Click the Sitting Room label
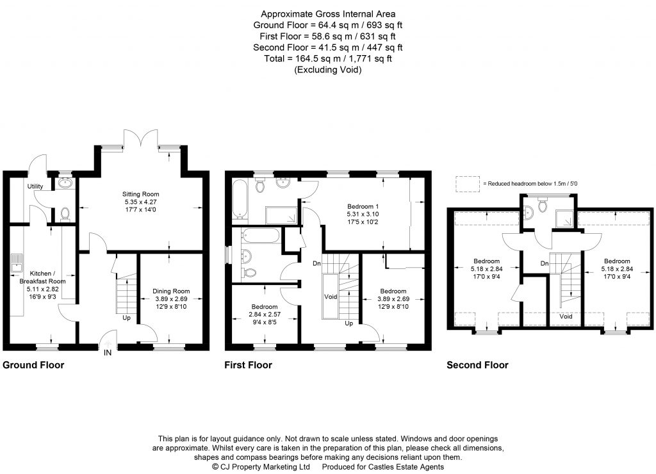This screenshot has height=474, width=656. [141, 194]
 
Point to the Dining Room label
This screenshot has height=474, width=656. [171, 292]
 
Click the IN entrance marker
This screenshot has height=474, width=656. [108, 352]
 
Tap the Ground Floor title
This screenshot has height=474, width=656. [33, 366]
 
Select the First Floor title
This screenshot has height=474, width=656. [248, 366]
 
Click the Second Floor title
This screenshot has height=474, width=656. [477, 366]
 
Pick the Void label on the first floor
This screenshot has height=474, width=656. [331, 297]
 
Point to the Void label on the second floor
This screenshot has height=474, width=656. [566, 316]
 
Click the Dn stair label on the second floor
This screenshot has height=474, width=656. [544, 263]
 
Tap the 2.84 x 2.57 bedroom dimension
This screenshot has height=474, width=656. [264, 315]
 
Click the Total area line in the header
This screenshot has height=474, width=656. [328, 59]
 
